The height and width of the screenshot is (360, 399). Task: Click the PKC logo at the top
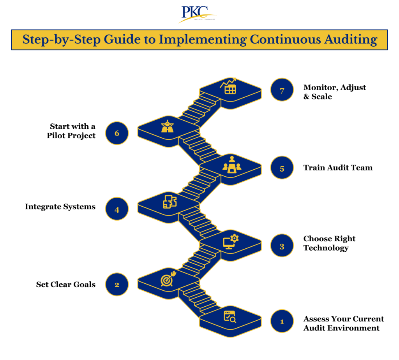pyautogui.click(x=199, y=14)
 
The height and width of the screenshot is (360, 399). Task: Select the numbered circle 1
pyautogui.click(x=282, y=321)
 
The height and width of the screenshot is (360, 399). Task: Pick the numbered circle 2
pyautogui.click(x=117, y=284)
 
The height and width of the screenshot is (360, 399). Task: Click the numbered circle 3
pyautogui.click(x=282, y=246)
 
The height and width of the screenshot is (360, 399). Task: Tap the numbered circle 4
pyautogui.click(x=117, y=209)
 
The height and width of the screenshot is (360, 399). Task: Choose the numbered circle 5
pyautogui.click(x=282, y=168)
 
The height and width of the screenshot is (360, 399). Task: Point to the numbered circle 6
pyautogui.click(x=117, y=133)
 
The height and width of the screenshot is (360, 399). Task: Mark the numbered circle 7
pyautogui.click(x=282, y=90)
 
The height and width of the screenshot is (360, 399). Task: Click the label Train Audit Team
pyautogui.click(x=338, y=168)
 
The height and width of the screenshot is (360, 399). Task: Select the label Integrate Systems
pyautogui.click(x=60, y=207)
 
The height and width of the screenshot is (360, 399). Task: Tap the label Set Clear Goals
pyautogui.click(x=66, y=284)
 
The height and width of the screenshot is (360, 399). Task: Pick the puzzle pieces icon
pyautogui.click(x=169, y=202)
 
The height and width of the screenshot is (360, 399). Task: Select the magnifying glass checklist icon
pyautogui.click(x=230, y=317)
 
